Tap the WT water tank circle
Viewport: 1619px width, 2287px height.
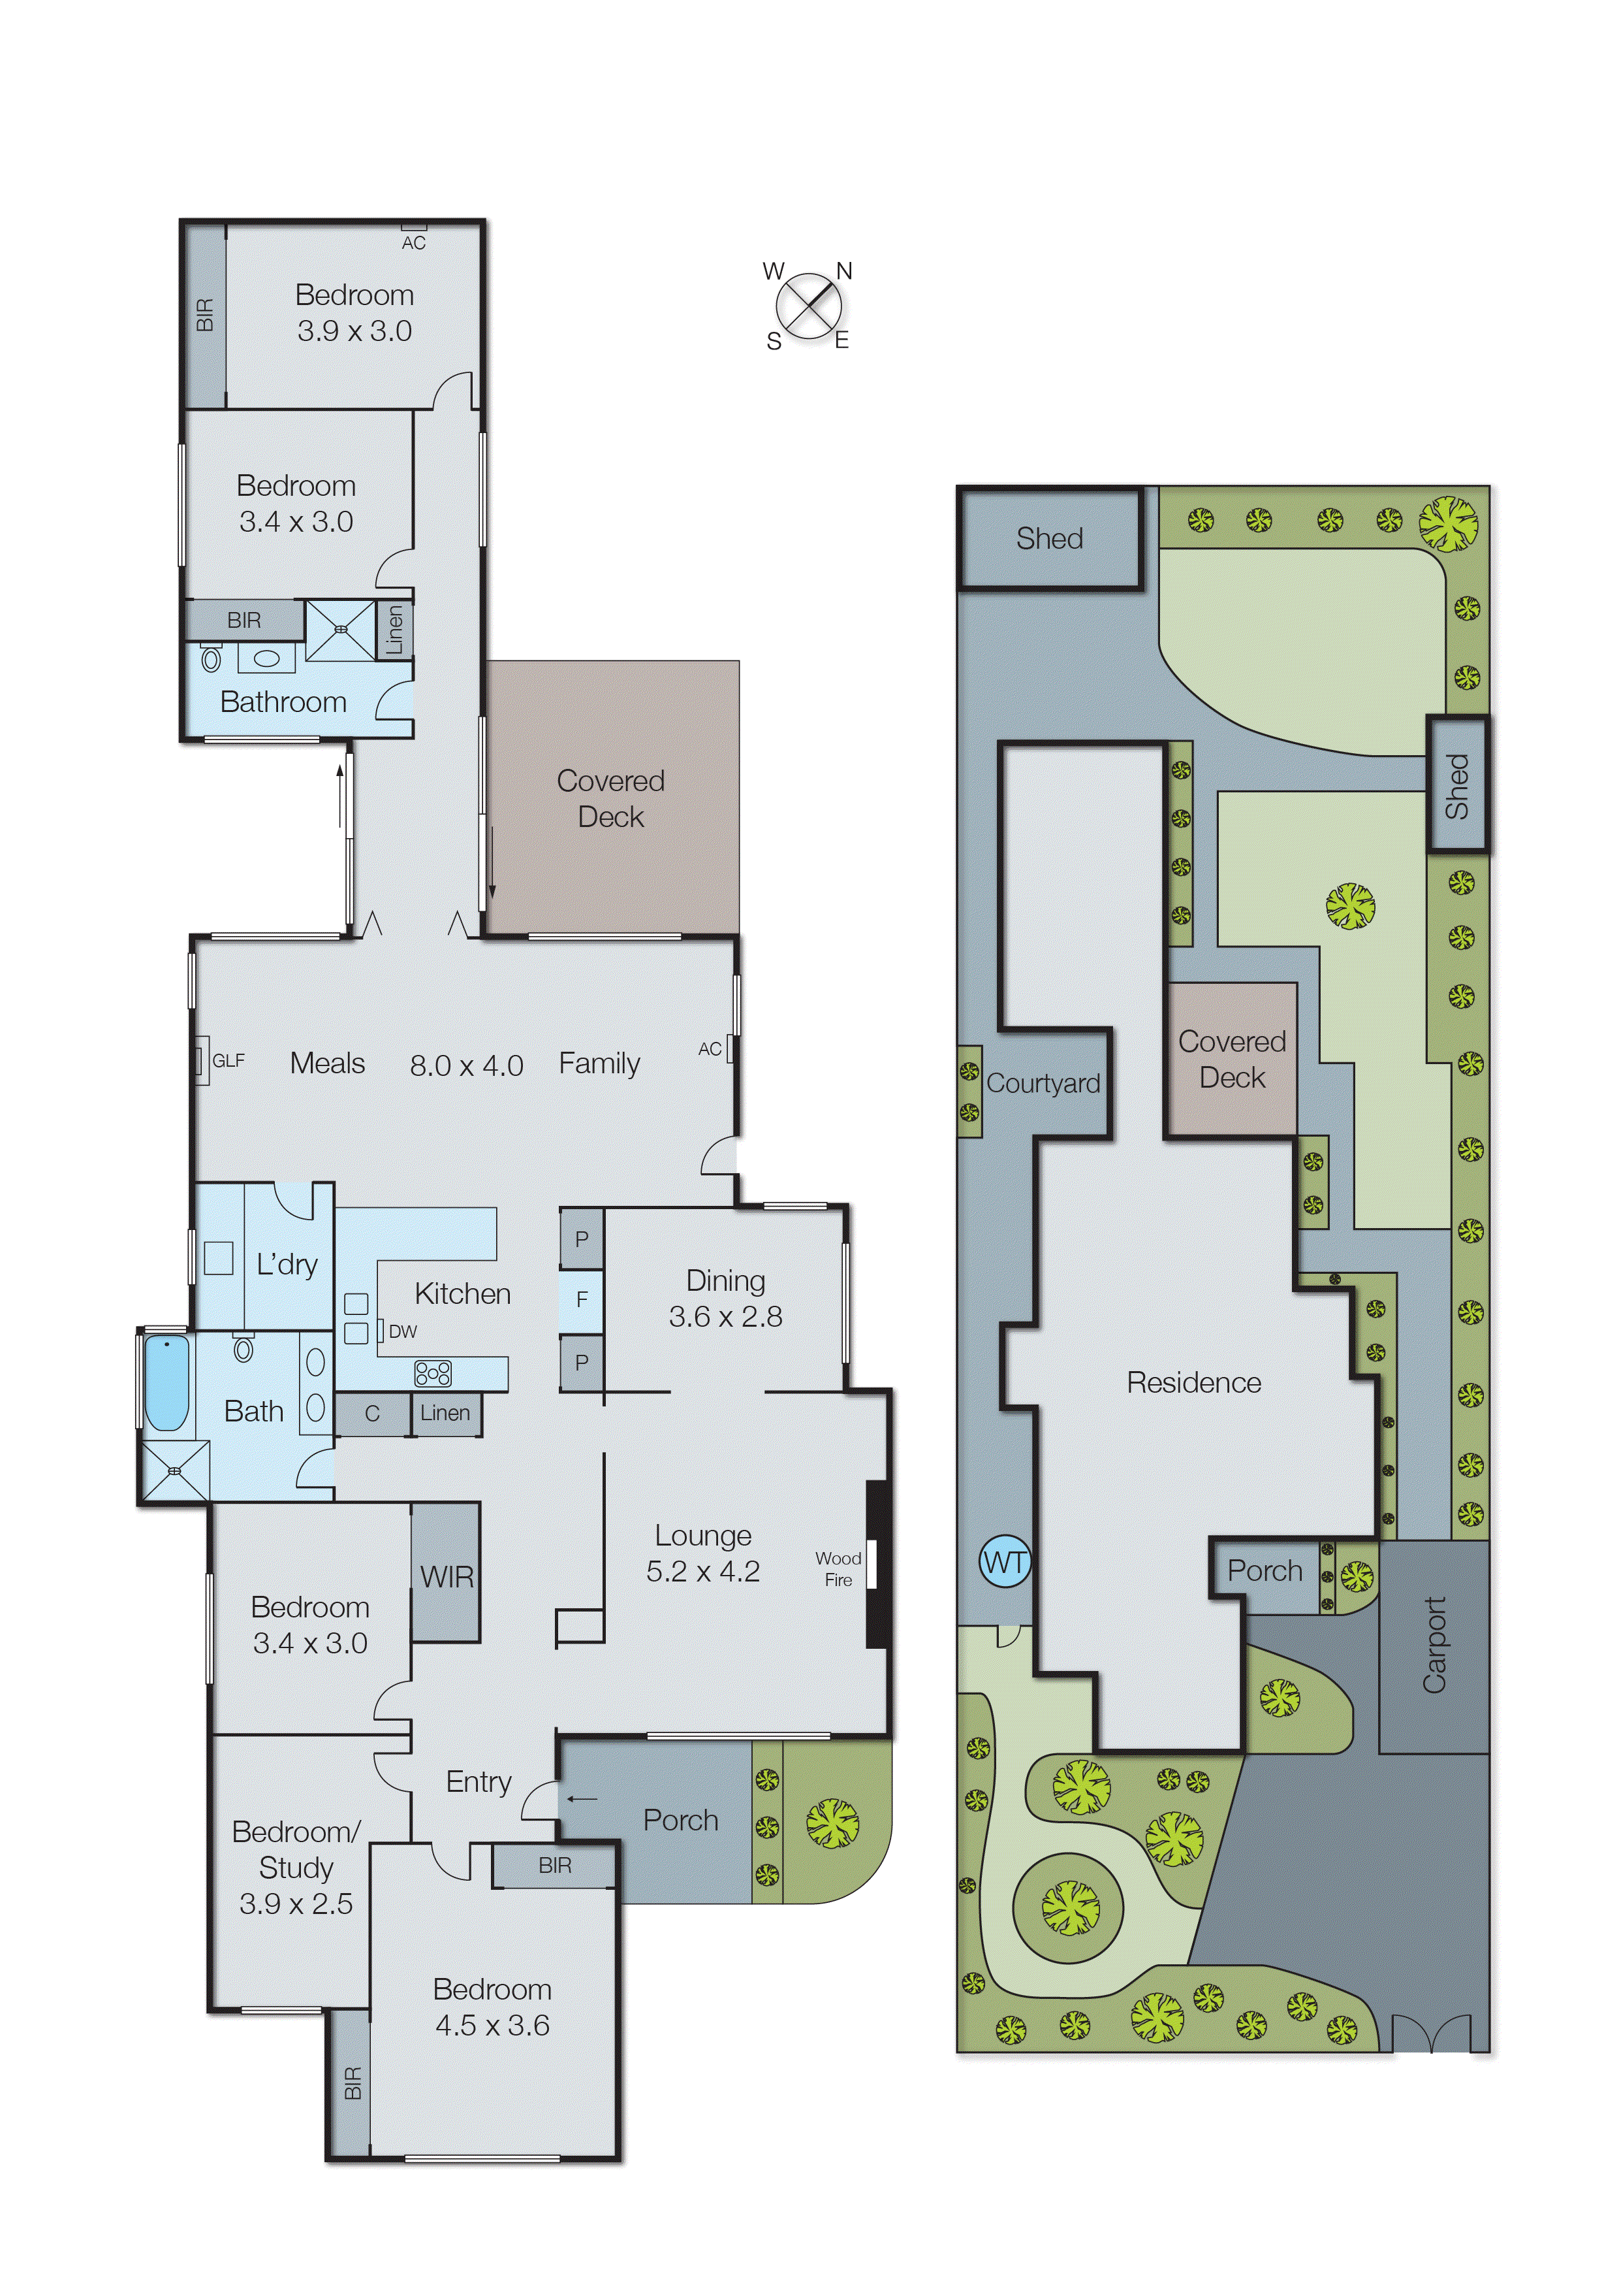[x=1004, y=1562]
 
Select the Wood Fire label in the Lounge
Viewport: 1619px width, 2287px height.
[x=838, y=1569]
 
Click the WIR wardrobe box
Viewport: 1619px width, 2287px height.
[x=446, y=1577]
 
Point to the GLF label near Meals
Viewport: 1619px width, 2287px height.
[x=228, y=1060]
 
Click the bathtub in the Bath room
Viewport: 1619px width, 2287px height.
[x=166, y=1384]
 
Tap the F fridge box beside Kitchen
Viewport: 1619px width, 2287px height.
[x=581, y=1299]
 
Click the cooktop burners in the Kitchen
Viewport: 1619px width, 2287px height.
[x=433, y=1373]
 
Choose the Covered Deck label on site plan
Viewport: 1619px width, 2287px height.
[x=1231, y=1059]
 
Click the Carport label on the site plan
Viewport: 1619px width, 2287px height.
[x=1434, y=1645]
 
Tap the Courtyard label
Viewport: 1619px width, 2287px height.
[x=1043, y=1083]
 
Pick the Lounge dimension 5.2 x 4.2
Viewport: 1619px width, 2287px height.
[x=703, y=1572]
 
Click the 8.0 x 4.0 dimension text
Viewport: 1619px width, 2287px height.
[x=467, y=1065]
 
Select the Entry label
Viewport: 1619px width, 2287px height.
[x=479, y=1781]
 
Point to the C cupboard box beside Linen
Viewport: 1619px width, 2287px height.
[x=372, y=1414]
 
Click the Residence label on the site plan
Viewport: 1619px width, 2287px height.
[x=1193, y=1382]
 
